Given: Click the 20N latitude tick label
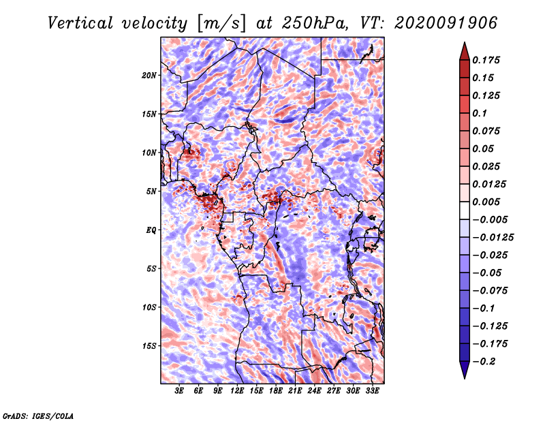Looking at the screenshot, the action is point(149,76).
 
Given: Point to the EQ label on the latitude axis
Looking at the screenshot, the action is point(151,230).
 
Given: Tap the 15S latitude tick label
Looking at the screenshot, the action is point(149,346).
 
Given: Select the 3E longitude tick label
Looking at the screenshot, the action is point(179,391).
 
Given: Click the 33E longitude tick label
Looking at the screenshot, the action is point(372,391).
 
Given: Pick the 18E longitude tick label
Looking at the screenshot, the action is point(276,391).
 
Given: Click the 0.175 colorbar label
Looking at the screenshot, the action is point(486,60).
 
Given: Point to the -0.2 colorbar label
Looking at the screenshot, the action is point(484,362).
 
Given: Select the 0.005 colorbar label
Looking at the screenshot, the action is point(486,202).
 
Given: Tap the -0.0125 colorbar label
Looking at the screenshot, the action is point(493,238).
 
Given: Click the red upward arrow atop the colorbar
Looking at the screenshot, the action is point(465,51).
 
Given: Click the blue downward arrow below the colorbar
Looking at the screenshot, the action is point(465,370).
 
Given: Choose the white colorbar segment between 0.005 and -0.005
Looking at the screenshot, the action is point(465,210).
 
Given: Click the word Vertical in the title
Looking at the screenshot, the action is point(80,23).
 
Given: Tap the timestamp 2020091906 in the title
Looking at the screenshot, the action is point(446,23).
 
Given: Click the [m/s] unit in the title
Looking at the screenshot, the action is point(221,24).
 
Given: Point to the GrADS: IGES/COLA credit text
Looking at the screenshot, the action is point(38,416).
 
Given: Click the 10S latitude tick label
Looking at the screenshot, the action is point(149,308).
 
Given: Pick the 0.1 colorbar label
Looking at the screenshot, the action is point(480,113).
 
